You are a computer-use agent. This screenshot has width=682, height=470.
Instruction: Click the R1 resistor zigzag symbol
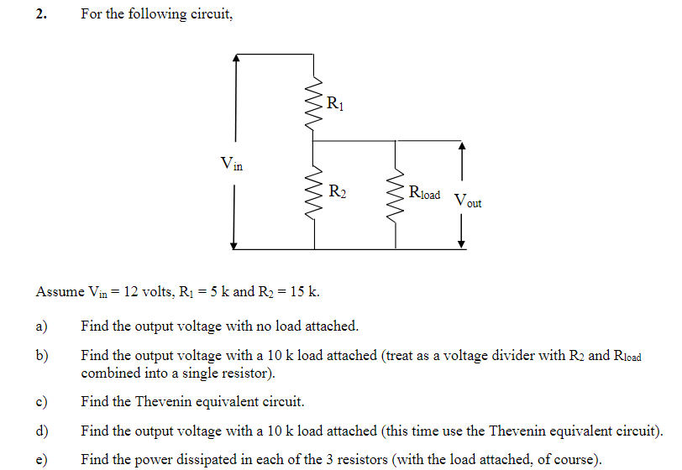(314, 105)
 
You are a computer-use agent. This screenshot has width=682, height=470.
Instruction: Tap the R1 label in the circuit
(334, 105)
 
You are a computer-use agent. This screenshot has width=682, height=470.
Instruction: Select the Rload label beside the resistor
(424, 193)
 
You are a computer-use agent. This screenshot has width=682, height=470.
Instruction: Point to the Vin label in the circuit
(231, 164)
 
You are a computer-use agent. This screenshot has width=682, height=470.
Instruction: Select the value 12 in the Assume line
(131, 292)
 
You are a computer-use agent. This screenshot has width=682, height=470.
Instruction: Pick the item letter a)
(41, 326)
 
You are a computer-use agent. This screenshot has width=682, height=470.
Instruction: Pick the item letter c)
(41, 401)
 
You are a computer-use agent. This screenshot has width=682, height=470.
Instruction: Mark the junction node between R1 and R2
(314, 140)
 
